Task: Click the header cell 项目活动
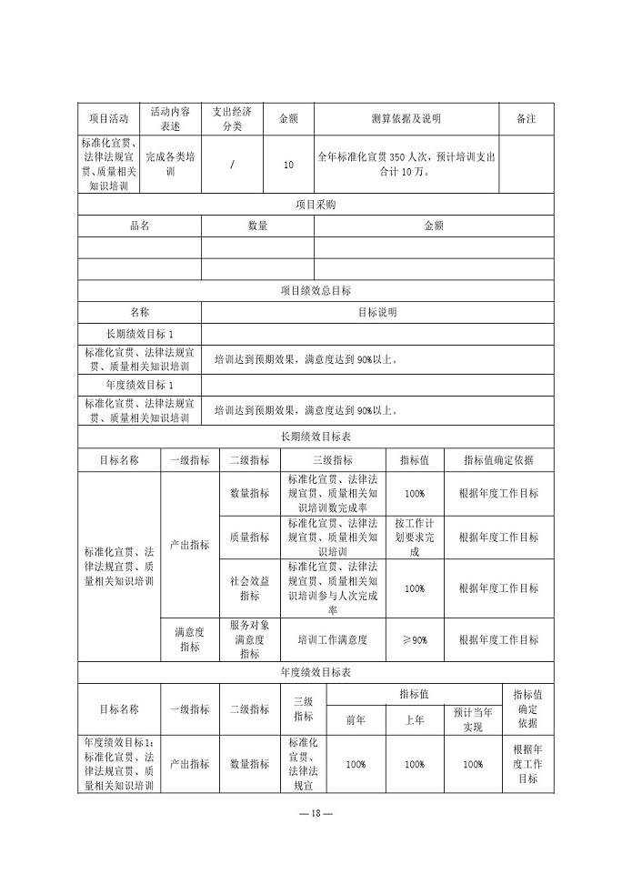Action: [x=108, y=118]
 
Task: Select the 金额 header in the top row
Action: [x=288, y=118]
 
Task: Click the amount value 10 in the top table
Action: [x=288, y=165]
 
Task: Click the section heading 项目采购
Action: [x=316, y=205]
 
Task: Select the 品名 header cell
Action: [x=139, y=226]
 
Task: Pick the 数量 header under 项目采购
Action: [x=257, y=226]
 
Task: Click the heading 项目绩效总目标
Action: [x=316, y=291]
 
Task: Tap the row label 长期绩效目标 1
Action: [x=139, y=334]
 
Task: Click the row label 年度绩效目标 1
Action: [x=139, y=386]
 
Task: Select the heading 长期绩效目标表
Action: [x=316, y=437]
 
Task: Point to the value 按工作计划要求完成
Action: [x=414, y=537]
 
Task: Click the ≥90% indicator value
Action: [x=414, y=640]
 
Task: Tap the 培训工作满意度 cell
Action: [x=332, y=640]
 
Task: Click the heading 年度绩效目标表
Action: [x=316, y=673]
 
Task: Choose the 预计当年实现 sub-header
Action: [x=473, y=719]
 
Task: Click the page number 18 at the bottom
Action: [x=316, y=812]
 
